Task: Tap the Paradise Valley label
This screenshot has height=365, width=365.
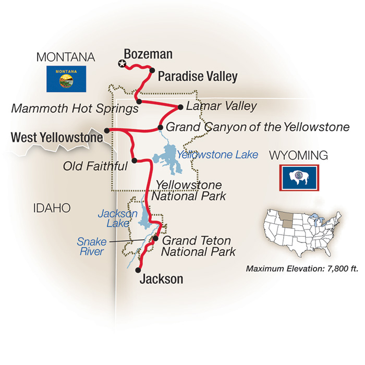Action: [197, 77]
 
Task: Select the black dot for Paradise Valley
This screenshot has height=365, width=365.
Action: [152, 70]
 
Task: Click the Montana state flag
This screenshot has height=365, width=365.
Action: [65, 78]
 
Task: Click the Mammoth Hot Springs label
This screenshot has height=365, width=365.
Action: [75, 108]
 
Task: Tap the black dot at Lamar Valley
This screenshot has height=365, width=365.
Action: [180, 107]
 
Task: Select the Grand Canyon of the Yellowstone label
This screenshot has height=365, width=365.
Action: [258, 127]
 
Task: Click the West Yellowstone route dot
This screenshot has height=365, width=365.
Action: [107, 130]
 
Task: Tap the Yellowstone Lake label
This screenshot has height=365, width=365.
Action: [217, 154]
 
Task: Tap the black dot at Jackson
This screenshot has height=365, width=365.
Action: [138, 270]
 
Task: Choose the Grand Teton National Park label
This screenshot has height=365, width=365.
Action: [198, 246]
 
